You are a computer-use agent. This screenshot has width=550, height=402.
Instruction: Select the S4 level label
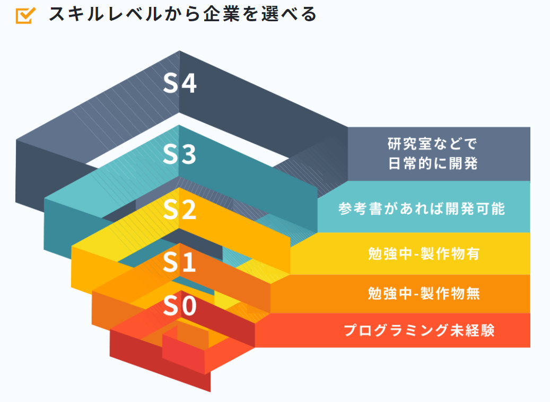[180, 83]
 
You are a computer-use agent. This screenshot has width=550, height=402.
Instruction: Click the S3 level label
[180, 154]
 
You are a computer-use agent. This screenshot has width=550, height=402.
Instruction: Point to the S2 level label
[180, 210]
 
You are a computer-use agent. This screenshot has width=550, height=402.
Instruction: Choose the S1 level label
[179, 262]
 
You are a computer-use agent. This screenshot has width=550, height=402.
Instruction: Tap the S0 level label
[180, 305]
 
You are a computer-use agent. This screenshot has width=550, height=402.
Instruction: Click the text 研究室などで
[432, 144]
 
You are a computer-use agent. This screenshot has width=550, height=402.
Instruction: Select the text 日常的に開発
[432, 163]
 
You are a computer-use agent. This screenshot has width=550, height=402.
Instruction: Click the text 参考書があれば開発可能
[421, 208]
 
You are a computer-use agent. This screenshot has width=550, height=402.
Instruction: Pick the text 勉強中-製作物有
[424, 254]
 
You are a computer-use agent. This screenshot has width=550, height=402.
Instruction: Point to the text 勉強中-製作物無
[424, 293]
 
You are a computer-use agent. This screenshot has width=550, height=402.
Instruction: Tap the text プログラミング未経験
[419, 330]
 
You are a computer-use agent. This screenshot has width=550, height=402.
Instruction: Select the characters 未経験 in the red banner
[473, 330]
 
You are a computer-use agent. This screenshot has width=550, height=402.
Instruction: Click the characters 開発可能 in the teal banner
[475, 208]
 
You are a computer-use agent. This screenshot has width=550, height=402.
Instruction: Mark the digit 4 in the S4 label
[189, 83]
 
